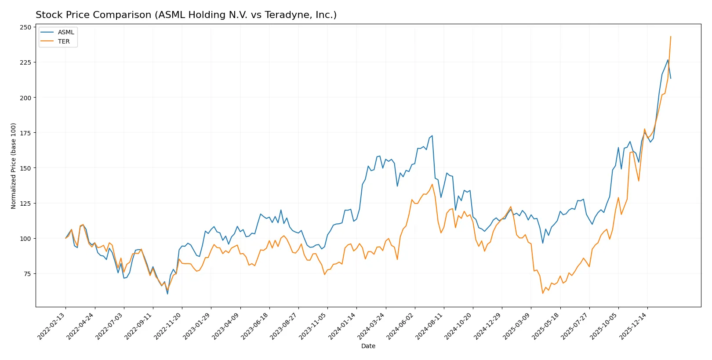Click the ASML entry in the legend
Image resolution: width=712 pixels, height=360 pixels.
tap(66, 33)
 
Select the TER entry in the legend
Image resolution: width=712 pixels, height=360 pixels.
tap(64, 41)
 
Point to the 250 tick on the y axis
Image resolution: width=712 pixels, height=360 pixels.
tap(25, 27)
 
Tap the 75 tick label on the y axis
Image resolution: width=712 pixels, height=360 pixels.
tap(27, 274)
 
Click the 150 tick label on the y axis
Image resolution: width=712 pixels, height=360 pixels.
tap(25, 168)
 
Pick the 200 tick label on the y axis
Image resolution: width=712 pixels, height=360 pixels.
tap(25, 98)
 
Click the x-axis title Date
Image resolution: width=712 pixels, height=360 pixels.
tap(368, 346)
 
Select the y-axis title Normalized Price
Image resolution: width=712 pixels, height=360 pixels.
tap(14, 166)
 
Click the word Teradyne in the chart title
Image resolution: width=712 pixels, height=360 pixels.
tap(280, 15)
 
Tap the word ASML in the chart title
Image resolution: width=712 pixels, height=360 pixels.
tap(171, 15)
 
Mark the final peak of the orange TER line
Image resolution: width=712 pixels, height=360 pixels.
tap(671, 36)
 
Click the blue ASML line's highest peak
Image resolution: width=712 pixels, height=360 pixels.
tap(668, 60)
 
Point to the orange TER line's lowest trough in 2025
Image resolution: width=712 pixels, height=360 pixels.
tap(543, 293)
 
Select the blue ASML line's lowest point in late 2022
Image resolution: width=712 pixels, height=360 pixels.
tap(167, 294)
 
